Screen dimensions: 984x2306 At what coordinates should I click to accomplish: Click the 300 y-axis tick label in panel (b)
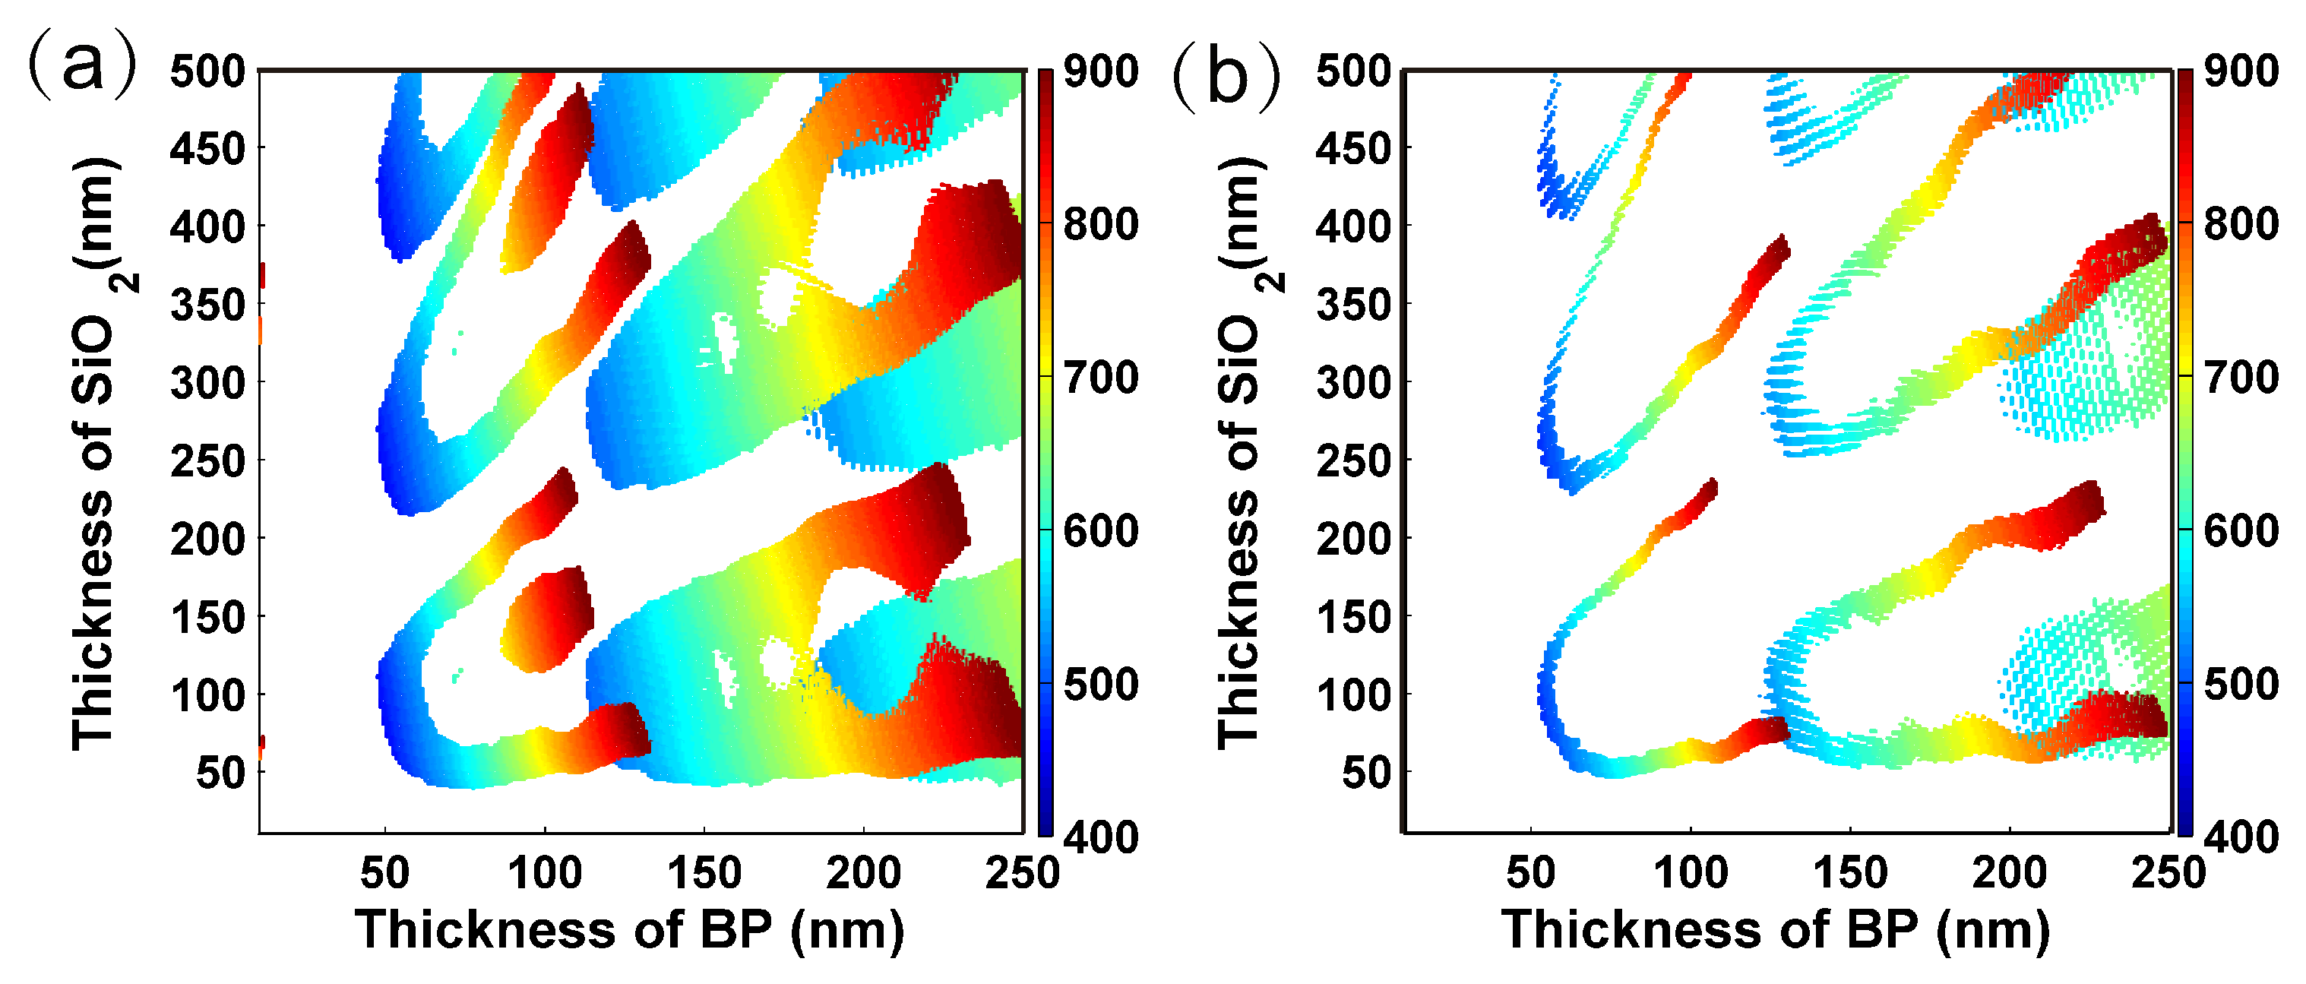1352,382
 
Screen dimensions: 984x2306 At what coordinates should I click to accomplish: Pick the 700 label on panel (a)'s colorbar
1100,377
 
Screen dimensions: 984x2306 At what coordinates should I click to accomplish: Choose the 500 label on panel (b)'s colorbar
2241,684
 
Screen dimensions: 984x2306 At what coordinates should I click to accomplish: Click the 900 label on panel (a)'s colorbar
1100,71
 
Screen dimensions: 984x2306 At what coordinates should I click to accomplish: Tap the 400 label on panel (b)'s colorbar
2241,837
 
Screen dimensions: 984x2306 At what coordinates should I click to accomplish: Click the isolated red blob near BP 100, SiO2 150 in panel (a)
548,618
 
